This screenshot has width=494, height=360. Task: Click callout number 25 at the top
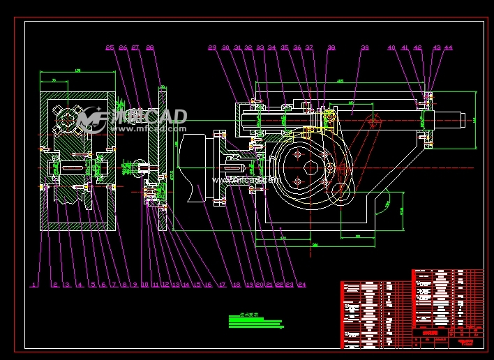pos(110,48)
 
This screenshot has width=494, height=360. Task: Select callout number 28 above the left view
pos(149,48)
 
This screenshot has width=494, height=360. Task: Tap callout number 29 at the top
pos(212,48)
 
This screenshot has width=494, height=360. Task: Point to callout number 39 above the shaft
pos(364,48)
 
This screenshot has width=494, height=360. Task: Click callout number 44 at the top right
pos(448,48)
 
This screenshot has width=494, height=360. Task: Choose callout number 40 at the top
pos(391,48)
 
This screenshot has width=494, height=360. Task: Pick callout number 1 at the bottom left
pos(32,285)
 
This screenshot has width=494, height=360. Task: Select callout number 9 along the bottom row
pos(134,285)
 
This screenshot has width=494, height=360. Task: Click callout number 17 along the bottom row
pos(222,285)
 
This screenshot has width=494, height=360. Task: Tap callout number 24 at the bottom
pos(301,285)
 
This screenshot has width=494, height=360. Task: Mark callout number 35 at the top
pos(285,48)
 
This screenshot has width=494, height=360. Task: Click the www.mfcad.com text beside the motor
pos(244,179)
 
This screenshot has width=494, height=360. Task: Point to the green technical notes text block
pos(255,322)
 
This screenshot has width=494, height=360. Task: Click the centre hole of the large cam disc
pos(310,167)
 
